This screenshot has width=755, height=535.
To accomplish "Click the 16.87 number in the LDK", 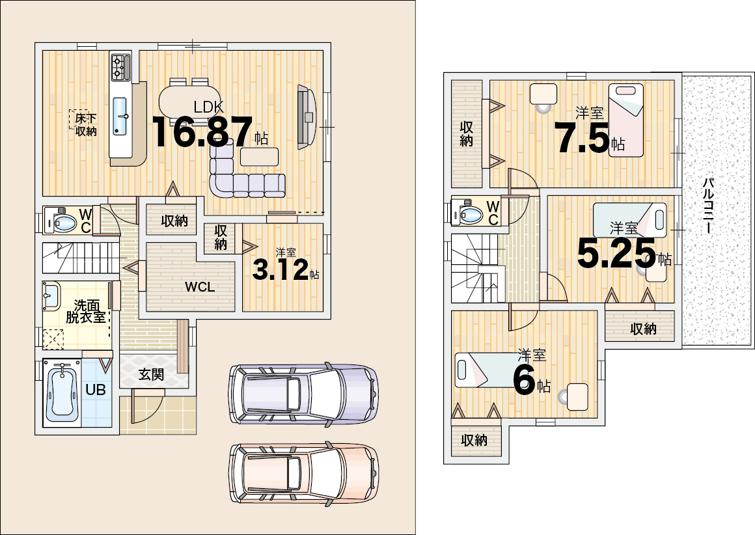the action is click(x=202, y=132).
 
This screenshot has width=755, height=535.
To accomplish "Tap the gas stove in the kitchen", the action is click(x=120, y=68).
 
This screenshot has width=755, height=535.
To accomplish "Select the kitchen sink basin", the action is click(x=120, y=116).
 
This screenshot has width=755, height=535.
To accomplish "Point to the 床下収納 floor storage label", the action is click(x=86, y=124).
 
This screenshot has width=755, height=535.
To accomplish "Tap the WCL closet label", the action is click(x=200, y=287).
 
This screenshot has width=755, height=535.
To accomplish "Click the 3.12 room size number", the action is click(x=281, y=269).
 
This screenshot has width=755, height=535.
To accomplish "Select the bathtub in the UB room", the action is click(x=62, y=392).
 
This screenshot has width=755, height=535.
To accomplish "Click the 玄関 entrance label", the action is click(x=151, y=374).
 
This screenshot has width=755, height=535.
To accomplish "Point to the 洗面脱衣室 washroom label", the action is click(x=86, y=312).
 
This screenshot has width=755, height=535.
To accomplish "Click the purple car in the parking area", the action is click(x=303, y=393).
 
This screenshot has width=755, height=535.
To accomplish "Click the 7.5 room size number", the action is click(x=582, y=137).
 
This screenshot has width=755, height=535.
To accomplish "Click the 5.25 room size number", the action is click(x=616, y=253).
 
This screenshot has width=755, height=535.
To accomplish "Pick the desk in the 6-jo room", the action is click(x=577, y=397).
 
